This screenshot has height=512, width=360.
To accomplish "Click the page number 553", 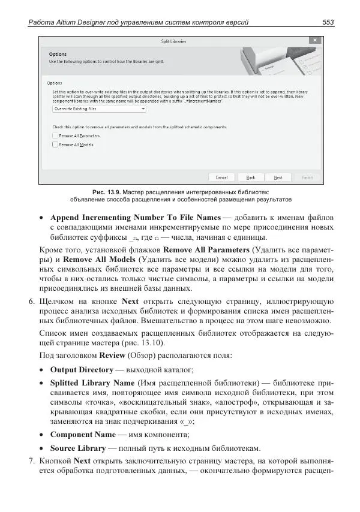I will coord(328,23).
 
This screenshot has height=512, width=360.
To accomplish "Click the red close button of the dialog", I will coord(311,40).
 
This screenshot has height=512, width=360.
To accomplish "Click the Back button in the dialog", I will coord(251,177).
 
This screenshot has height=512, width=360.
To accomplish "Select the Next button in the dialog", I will coord(278,177).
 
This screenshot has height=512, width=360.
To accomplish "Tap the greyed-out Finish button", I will coord(307,177).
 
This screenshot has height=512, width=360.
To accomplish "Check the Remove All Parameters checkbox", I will coord(55,136).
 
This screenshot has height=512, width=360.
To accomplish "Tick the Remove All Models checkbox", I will coord(55,144).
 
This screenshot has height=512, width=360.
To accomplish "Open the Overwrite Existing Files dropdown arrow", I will coord(143,110).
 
